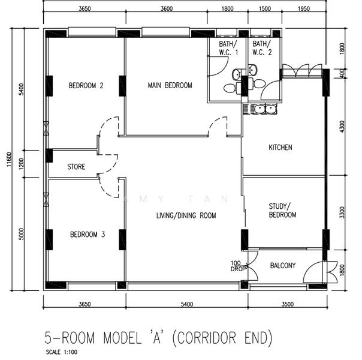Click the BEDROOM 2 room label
tap(86, 86)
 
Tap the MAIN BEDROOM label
tap(170, 85)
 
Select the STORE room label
tap(76, 167)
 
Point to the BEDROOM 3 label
tap(88, 235)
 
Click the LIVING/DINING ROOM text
tap(186, 215)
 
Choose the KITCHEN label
tap(280, 148)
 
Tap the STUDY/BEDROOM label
tap(282, 211)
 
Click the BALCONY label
tap(283, 265)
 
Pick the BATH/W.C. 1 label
tap(228, 48)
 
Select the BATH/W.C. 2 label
tap(262, 48)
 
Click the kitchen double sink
tap(260, 109)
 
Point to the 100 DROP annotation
tap(237, 266)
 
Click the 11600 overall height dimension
tap(9, 159)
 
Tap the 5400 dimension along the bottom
tap(187, 304)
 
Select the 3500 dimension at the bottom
tap(288, 304)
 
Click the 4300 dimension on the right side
tap(342, 127)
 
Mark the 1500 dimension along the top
tap(265, 9)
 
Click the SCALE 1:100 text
tap(62, 352)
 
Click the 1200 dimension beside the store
tap(21, 164)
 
